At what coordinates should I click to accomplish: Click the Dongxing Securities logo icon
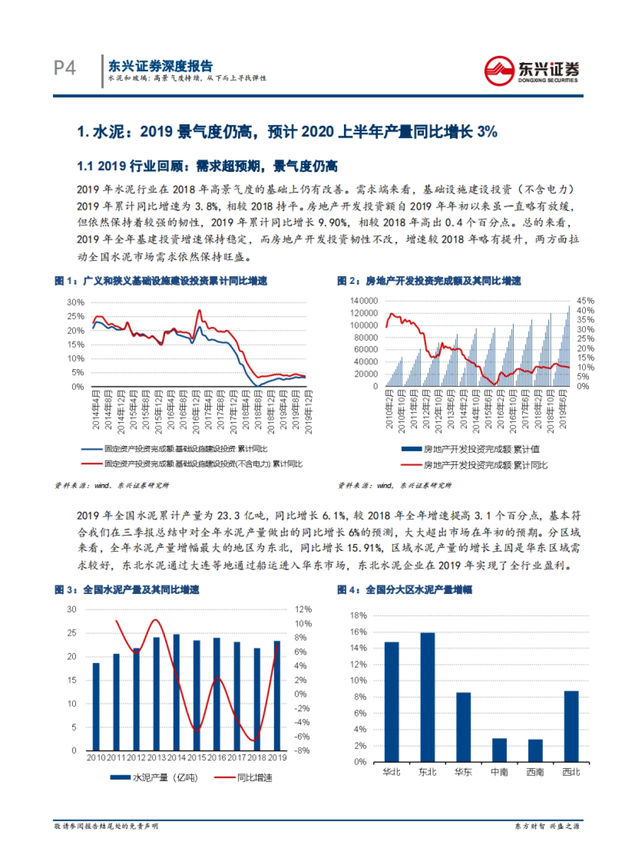point(498,71)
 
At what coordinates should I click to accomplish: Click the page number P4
point(65,68)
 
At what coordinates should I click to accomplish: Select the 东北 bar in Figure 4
point(427,697)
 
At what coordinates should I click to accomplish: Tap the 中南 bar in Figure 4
point(499,749)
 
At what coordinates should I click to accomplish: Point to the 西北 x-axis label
point(571,772)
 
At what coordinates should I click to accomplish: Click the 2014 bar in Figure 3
point(176,692)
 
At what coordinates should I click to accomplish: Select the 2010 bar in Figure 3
point(96,706)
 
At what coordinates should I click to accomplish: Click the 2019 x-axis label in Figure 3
point(277,757)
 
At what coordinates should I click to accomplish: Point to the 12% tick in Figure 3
point(303,609)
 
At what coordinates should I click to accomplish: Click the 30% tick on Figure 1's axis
point(76,303)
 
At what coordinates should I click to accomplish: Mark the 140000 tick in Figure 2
point(364,300)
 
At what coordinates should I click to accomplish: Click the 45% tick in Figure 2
point(585,300)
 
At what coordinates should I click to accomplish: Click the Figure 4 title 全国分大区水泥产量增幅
point(419,590)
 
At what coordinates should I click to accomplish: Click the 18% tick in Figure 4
point(358,616)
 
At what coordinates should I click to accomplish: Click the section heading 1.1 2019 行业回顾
point(207,166)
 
